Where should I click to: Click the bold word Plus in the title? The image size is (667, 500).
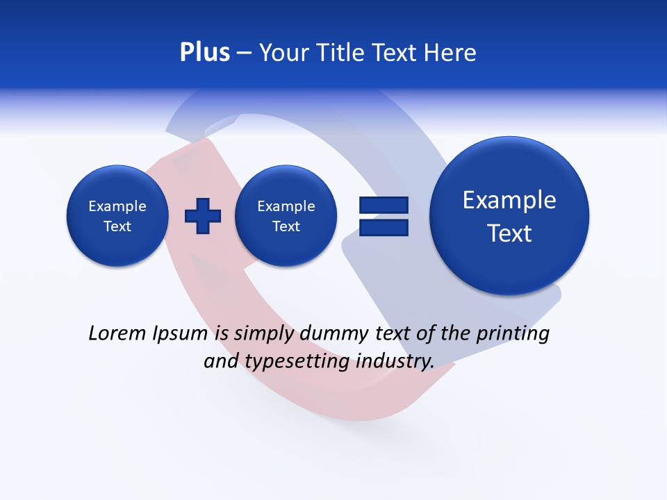click(204, 52)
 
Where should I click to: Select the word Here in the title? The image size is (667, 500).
click(452, 52)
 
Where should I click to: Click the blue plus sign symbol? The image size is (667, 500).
click(203, 216)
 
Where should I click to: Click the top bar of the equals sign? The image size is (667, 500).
click(384, 205)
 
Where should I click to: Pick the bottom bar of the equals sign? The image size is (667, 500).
click(384, 228)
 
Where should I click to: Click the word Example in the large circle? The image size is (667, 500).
click(509, 200)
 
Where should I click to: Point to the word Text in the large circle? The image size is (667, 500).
click(509, 233)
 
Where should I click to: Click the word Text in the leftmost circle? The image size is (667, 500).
click(117, 226)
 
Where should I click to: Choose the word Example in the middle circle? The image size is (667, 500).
click(286, 206)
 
